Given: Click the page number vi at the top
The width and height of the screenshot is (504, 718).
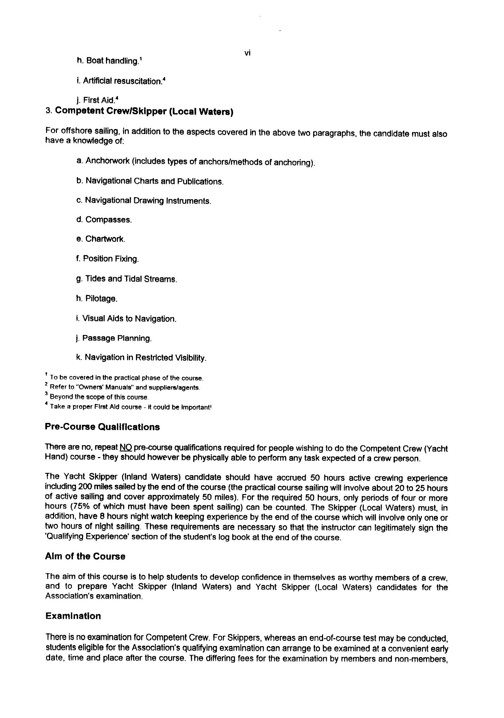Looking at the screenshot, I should coord(248,53).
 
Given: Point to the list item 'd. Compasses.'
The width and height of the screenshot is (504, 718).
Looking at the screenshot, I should coord(104,220).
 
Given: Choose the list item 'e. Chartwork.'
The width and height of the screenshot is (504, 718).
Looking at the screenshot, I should coord(101,239).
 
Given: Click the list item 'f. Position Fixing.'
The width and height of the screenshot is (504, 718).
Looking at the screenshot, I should coord(108,259).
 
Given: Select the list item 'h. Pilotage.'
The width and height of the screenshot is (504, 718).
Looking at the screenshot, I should coord(97,299).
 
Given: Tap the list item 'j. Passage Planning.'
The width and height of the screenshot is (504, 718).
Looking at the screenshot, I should coord(114,338).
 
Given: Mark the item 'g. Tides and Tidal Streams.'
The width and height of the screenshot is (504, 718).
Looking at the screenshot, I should coord(126,279).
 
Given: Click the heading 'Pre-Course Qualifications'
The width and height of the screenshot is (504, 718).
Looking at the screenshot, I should coord(102,427).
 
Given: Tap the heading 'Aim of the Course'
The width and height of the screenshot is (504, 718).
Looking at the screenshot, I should coord(85,556).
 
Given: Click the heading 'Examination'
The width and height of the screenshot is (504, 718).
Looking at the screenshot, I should coord(73,616).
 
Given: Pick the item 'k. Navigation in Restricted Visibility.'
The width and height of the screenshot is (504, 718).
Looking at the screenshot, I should coord(141,358).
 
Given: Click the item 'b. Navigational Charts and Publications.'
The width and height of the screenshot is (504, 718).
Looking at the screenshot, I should coord(150,181).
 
